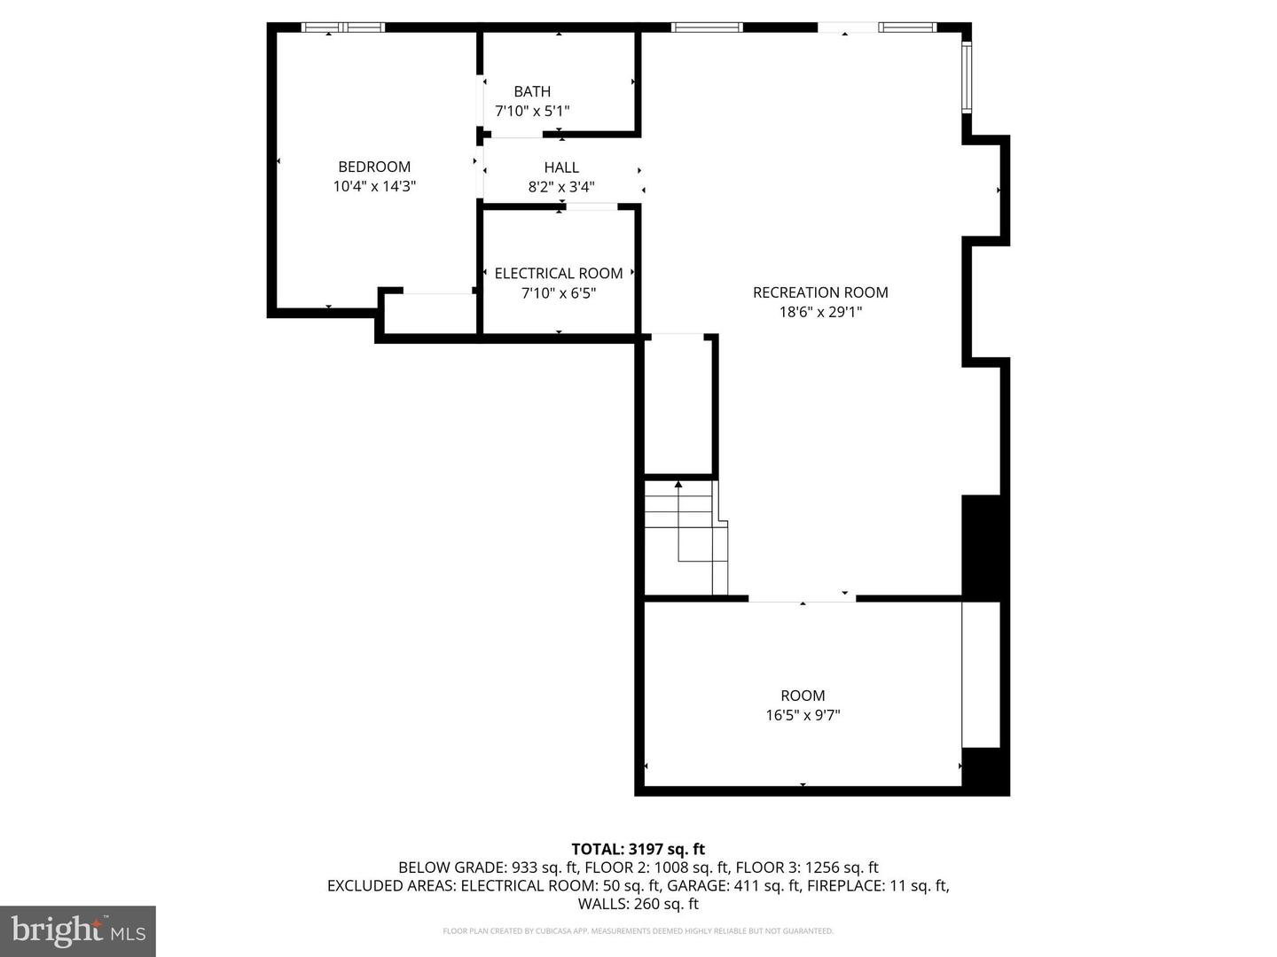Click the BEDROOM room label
(x=374, y=167)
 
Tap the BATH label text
(x=532, y=91)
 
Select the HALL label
(x=561, y=167)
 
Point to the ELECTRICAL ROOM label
(x=559, y=273)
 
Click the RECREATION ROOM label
(x=820, y=292)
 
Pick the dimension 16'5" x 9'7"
(x=803, y=715)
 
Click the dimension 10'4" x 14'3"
(x=374, y=186)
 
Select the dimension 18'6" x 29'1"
(x=820, y=312)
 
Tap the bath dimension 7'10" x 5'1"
(x=532, y=111)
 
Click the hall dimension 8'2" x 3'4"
(x=561, y=187)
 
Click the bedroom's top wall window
(x=342, y=27)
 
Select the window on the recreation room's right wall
(x=967, y=77)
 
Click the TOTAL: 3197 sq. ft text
(x=638, y=849)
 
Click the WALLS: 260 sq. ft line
(x=638, y=904)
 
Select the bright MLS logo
(x=78, y=930)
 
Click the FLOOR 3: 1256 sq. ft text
(x=807, y=867)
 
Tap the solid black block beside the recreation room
(x=981, y=548)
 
